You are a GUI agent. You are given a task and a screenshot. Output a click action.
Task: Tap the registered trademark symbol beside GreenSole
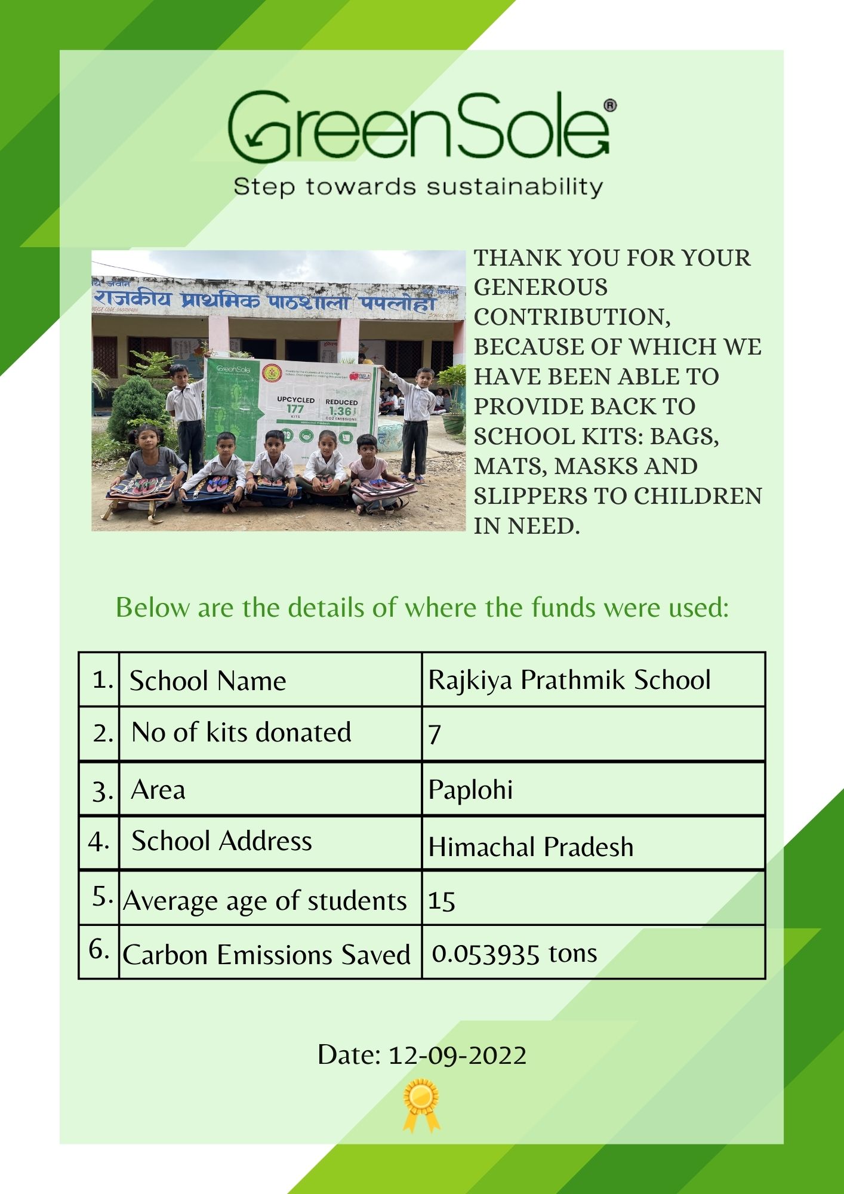click(x=610, y=106)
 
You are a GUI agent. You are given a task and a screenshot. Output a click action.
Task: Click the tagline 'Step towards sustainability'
click(x=418, y=187)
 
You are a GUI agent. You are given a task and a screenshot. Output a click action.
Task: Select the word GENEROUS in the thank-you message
click(x=541, y=288)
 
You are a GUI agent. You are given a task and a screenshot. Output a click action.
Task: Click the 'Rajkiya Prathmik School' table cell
click(x=569, y=680)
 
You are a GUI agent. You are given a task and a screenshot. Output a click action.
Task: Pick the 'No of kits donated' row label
click(x=241, y=733)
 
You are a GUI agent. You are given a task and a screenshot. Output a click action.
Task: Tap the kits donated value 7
click(x=435, y=734)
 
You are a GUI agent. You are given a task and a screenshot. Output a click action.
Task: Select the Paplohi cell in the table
click(x=470, y=789)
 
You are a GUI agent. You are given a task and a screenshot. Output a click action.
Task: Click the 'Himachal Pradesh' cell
click(x=531, y=847)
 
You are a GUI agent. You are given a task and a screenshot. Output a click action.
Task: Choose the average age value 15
click(x=442, y=901)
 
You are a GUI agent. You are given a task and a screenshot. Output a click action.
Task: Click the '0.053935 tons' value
click(x=514, y=953)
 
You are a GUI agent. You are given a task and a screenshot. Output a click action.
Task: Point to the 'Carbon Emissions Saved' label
click(x=266, y=955)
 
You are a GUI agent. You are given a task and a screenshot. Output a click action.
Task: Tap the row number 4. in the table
click(x=98, y=842)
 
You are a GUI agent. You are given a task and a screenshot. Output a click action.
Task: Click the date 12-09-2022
click(x=457, y=1055)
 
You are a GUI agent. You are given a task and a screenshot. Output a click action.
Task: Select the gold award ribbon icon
click(x=421, y=1104)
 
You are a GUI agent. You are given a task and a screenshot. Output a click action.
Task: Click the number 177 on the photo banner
click(x=295, y=409)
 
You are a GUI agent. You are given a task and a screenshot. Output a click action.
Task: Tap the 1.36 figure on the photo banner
click(x=340, y=411)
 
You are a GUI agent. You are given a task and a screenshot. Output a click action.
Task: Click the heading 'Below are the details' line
click(x=422, y=608)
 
